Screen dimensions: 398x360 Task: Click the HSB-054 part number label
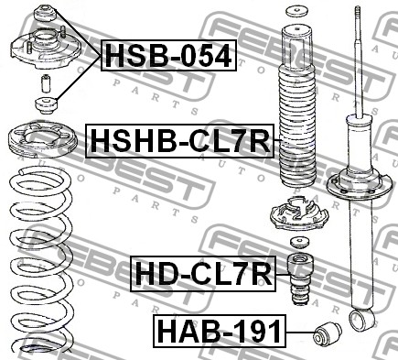coord(168,55)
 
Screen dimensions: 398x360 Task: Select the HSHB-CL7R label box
coord(179,141)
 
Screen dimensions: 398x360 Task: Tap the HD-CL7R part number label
coord(203,274)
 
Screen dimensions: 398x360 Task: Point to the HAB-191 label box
coord(220,332)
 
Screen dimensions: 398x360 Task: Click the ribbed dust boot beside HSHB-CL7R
coord(297,107)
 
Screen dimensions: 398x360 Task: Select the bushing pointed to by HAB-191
coord(328,335)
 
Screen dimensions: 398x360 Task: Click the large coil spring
coord(41,259)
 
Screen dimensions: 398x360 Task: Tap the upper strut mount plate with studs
coord(46,49)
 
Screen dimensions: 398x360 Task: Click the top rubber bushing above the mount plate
coord(45,14)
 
